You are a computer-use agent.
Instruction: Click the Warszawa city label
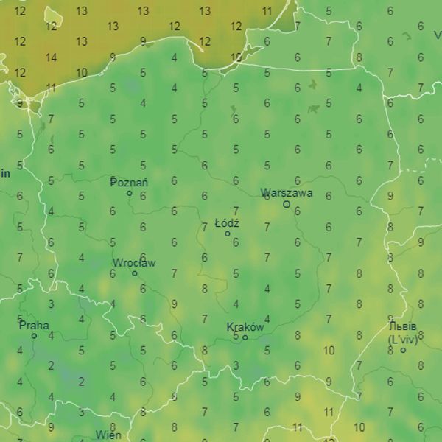(287, 193)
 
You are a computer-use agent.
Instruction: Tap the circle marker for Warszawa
(287, 204)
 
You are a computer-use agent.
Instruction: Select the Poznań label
(129, 182)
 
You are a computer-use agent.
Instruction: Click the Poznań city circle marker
(130, 194)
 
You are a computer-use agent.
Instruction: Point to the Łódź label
(227, 222)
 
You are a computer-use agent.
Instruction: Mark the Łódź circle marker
(228, 234)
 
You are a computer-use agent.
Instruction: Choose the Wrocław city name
(134, 262)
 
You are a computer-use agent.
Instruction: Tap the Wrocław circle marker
(134, 273)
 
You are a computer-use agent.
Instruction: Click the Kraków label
(245, 326)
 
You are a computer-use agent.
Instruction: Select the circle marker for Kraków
(245, 337)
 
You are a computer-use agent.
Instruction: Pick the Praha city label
(34, 325)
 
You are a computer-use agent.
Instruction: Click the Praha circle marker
(34, 336)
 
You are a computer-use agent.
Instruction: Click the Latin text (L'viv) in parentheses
(403, 340)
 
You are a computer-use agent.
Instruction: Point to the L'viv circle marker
(403, 350)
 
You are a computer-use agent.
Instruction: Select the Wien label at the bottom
(108, 435)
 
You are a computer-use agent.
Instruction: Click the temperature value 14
(51, 57)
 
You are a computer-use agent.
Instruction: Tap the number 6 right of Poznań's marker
(143, 196)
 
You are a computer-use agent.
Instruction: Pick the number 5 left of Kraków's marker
(236, 336)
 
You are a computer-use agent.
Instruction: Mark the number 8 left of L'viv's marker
(390, 350)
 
